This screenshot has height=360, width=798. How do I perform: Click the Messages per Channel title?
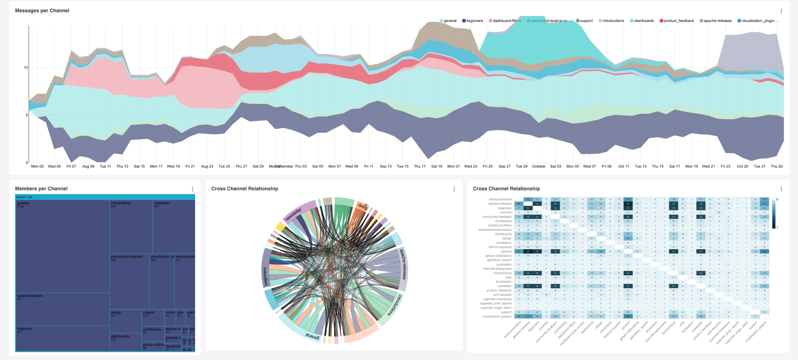42,10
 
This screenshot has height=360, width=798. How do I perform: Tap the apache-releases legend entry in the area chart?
717,21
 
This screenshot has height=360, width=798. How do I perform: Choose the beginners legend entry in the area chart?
474,21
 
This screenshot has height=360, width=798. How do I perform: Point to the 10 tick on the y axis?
26,67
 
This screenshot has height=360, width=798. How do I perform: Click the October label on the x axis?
538,167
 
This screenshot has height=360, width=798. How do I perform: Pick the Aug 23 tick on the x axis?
207,167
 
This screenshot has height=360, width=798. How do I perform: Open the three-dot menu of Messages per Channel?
781,11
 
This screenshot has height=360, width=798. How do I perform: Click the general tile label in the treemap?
23,203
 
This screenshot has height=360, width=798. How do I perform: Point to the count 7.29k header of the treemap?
24,197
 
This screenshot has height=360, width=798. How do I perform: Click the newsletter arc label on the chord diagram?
294,214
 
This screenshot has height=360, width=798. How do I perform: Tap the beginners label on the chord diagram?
265,277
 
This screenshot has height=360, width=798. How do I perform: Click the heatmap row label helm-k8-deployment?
497,269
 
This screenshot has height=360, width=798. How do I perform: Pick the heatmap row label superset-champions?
497,299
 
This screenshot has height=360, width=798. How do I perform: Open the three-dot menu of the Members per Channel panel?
193,189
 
